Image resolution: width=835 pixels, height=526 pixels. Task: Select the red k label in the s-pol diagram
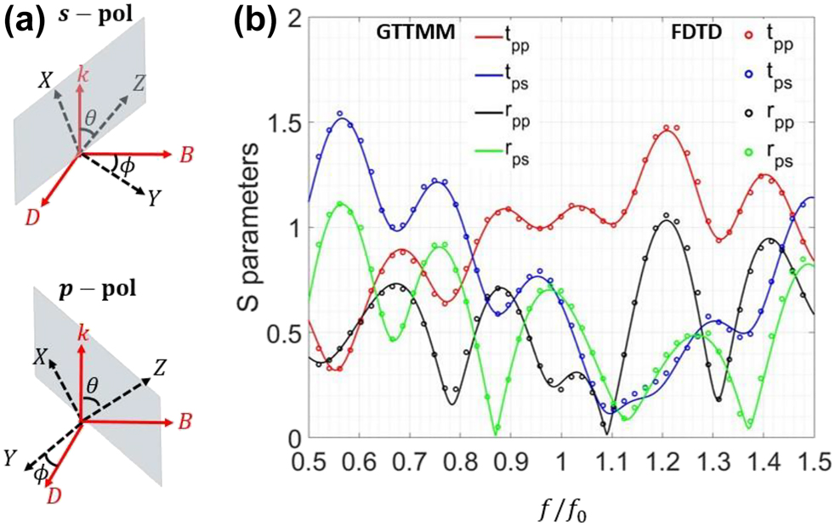click(x=82, y=76)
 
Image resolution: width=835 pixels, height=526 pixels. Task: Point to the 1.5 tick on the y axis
click(x=288, y=122)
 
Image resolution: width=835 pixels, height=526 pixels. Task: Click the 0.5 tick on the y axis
click(x=288, y=333)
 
